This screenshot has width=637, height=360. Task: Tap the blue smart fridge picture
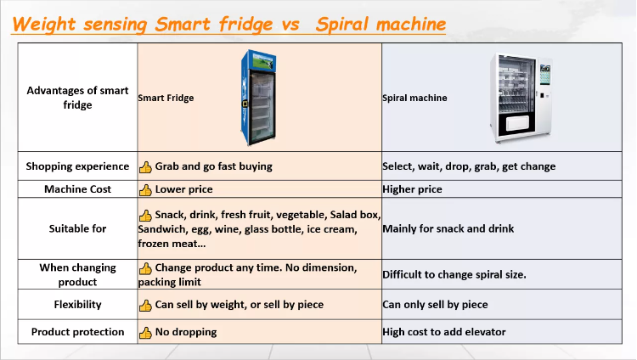coord(259,97)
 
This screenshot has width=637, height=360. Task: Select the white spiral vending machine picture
coord(521,98)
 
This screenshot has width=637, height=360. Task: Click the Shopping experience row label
coord(77,166)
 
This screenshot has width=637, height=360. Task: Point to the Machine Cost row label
coord(77,189)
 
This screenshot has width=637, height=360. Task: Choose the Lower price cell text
coord(183,189)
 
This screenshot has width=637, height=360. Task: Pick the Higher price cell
coord(412,189)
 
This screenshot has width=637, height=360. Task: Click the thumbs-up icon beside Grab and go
coord(145,166)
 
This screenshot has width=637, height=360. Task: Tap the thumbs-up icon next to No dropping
coord(145,332)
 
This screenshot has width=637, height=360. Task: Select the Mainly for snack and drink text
coord(448,228)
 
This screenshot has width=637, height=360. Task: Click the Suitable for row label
coord(77,228)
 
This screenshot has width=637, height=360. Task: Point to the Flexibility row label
coord(77,304)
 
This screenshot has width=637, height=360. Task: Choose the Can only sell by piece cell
coord(435,304)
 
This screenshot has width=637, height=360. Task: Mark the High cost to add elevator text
coord(444,332)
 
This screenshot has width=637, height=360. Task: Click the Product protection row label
coord(77,332)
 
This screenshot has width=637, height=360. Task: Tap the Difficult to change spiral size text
coord(454,275)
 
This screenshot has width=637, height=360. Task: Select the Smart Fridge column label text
coord(166,98)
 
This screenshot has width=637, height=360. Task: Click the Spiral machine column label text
coord(414,98)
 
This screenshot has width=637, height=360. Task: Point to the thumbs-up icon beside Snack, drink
coord(145,215)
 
